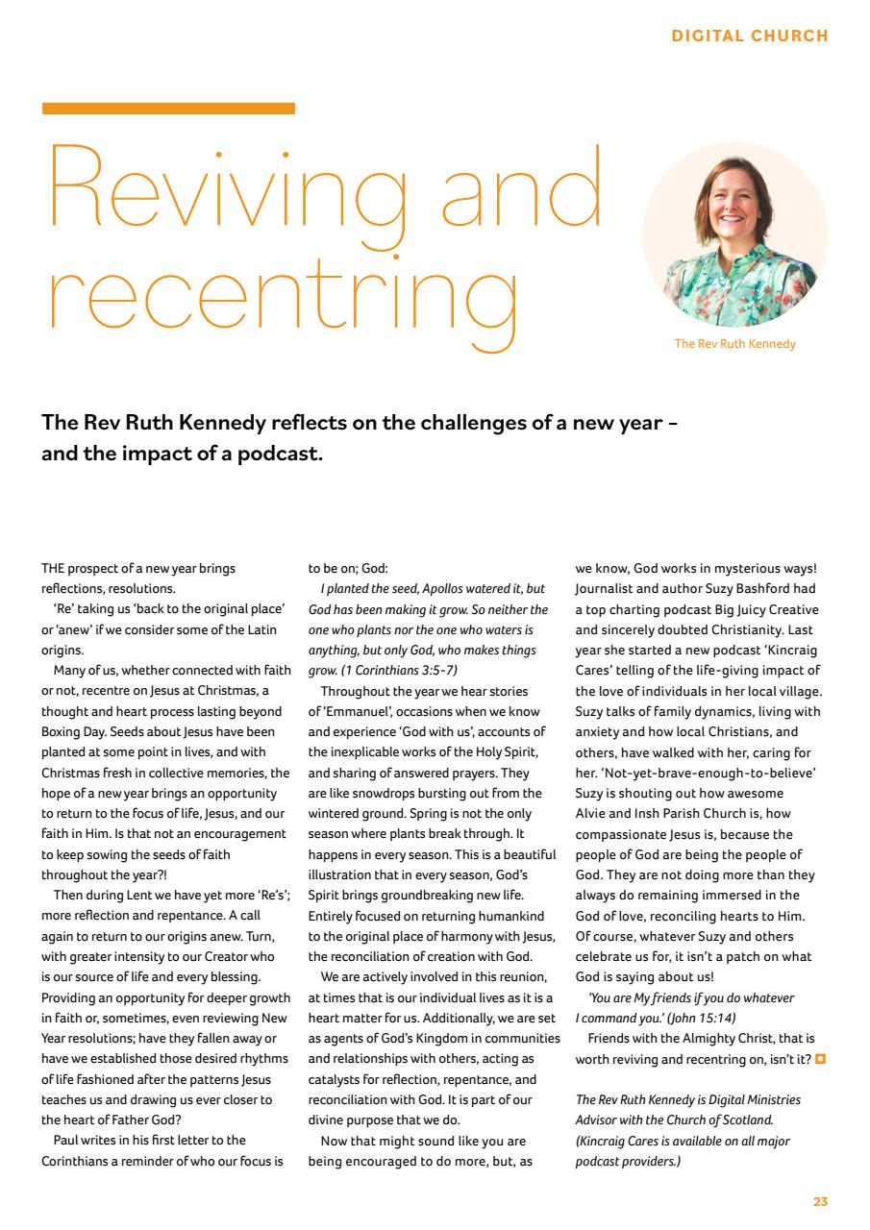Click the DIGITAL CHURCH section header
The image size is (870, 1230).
pyautogui.click(x=749, y=36)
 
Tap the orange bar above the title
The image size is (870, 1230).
pyautogui.click(x=168, y=109)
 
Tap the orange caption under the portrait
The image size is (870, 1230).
pyautogui.click(x=734, y=344)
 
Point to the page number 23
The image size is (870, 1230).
pyautogui.click(x=820, y=1201)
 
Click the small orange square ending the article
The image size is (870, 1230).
pyautogui.click(x=820, y=1060)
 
